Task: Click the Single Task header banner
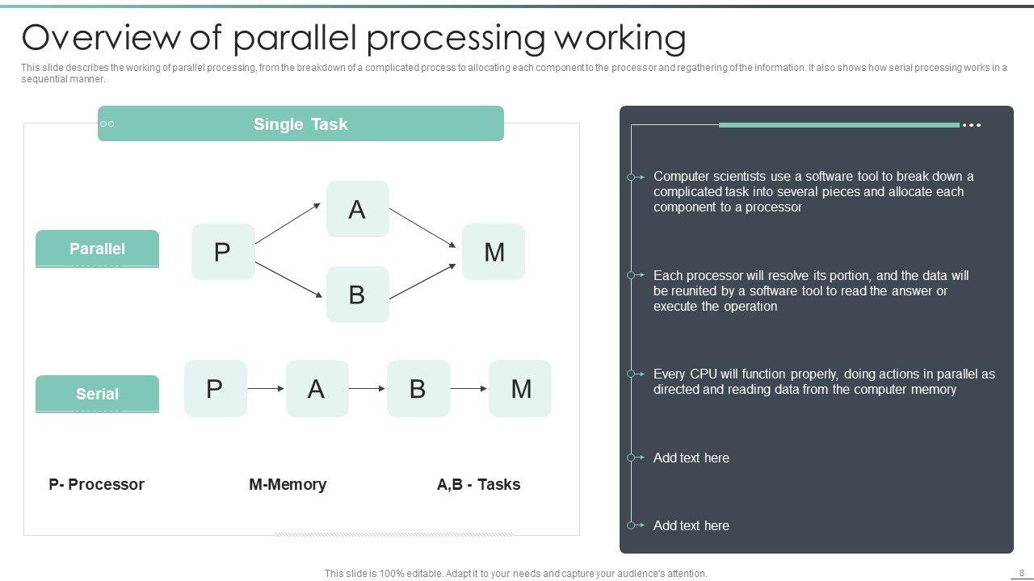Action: (301, 123)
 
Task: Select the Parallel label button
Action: (97, 249)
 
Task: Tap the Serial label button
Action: (97, 394)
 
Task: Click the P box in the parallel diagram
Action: (223, 252)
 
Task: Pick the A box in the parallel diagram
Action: (357, 209)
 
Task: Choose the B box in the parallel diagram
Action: (357, 295)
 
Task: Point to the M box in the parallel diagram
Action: (494, 252)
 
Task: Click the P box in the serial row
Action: (215, 388)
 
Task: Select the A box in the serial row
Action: (317, 388)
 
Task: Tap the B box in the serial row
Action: (418, 388)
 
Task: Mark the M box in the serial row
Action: (520, 388)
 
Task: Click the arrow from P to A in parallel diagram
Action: (288, 223)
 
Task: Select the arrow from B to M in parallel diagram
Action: (422, 281)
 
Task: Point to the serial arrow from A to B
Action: (368, 389)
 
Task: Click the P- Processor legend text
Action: (96, 484)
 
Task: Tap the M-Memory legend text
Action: (288, 484)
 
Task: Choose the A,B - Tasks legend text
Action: (478, 484)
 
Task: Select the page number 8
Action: (1022, 573)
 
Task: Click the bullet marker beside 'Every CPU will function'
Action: (633, 374)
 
